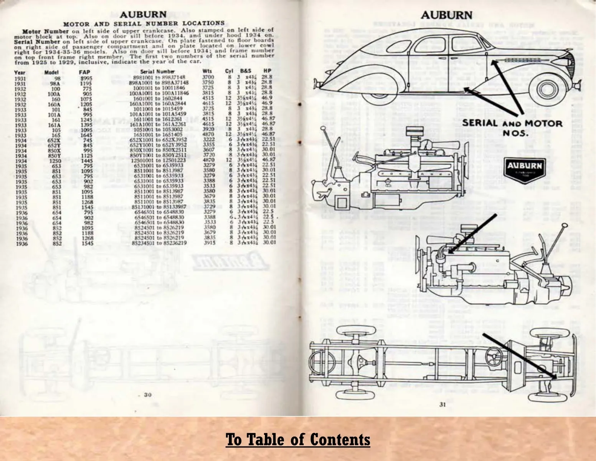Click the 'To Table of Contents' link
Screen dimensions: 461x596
tap(298, 439)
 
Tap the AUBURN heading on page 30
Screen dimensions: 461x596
tap(143, 15)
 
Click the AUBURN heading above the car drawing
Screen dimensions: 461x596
tap(446, 15)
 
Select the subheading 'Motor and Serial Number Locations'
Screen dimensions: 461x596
tap(144, 24)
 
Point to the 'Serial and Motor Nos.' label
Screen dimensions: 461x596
tap(512, 128)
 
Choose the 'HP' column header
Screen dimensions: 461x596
tap(267, 71)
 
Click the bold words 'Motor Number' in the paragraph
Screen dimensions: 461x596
tap(40, 31)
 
